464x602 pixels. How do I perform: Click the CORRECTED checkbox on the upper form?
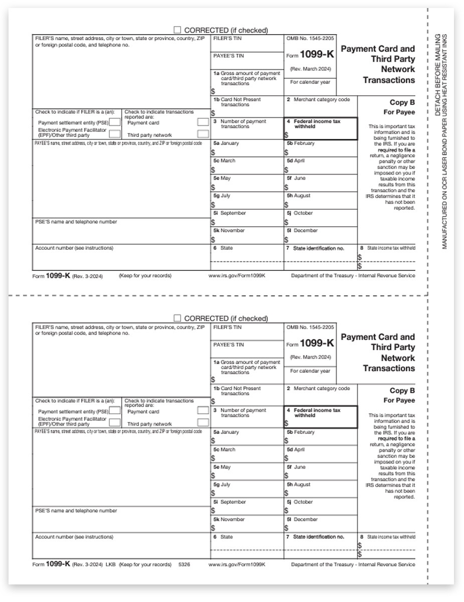point(177,30)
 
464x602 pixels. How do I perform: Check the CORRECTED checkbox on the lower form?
point(177,319)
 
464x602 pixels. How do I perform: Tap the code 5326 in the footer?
point(185,564)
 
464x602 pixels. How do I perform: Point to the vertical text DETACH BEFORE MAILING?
point(438,75)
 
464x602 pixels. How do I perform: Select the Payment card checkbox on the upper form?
point(203,122)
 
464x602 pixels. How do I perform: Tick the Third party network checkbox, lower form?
point(203,423)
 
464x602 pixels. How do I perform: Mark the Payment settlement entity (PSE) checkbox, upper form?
point(115,122)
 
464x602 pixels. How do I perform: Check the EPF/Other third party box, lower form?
point(115,422)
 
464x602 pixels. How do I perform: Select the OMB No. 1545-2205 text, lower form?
point(310,327)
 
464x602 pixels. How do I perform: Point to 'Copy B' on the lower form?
point(402,390)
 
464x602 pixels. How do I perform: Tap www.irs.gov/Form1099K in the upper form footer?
point(237,275)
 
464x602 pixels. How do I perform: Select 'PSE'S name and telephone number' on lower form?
point(76,511)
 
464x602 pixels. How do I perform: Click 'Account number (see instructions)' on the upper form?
point(74,248)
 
